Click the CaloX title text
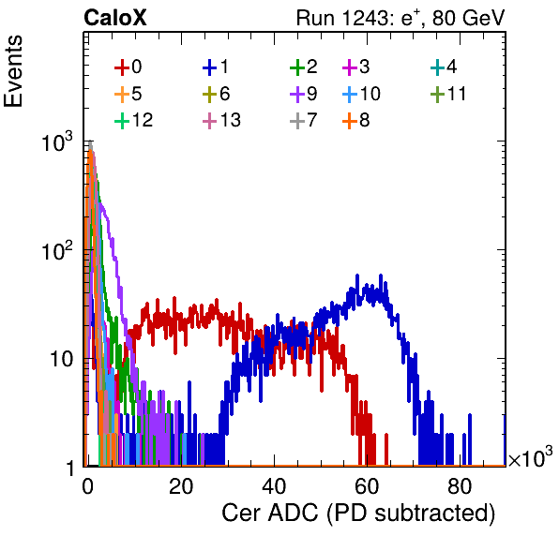[115, 18]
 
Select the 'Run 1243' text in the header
[342, 18]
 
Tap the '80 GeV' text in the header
[468, 18]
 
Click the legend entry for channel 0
[128, 67]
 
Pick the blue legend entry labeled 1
[216, 67]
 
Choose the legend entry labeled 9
[304, 94]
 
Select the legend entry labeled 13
[221, 120]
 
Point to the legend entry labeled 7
[304, 120]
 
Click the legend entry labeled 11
[448, 94]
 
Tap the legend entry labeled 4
[444, 67]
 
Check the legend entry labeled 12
[134, 120]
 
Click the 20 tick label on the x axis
[181, 486]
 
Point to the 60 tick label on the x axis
[367, 486]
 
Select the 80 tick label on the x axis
[460, 486]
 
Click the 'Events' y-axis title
[13, 71]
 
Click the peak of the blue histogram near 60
[357, 275]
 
